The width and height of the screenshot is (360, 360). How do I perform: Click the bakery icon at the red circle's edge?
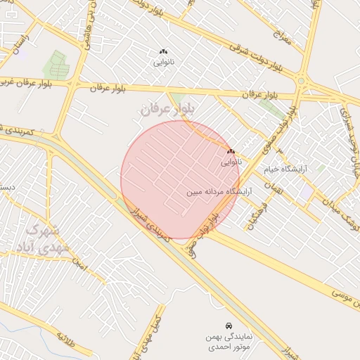[x=230, y=152]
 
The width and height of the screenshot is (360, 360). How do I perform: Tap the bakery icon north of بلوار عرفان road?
[x=163, y=52]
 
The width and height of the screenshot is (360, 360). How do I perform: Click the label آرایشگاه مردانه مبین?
[x=219, y=191]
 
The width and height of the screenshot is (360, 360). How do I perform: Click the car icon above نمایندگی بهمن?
[x=229, y=326]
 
